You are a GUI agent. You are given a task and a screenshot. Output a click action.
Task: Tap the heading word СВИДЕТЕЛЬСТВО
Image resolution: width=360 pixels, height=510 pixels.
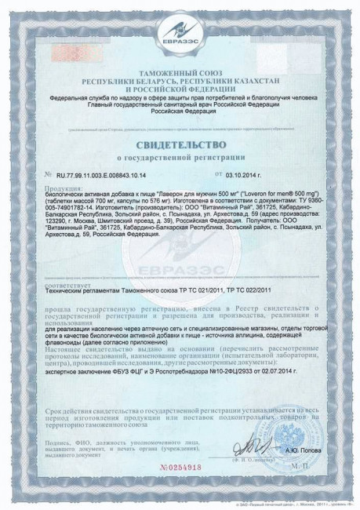click(x=180, y=145)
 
